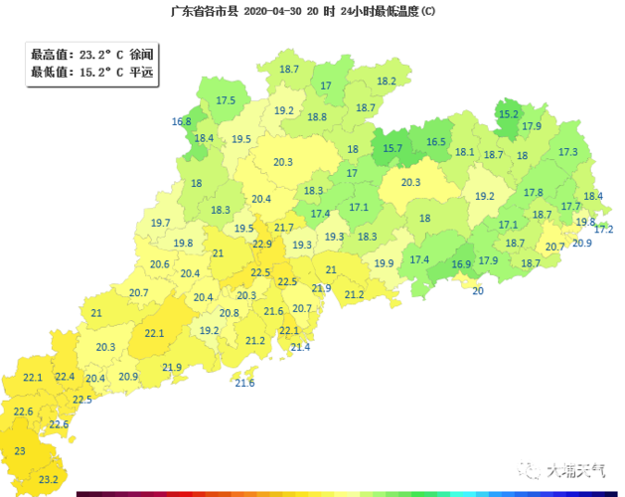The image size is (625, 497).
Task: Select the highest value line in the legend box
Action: pyautogui.click(x=91, y=55)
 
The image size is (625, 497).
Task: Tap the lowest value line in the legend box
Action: pyautogui.click(x=91, y=72)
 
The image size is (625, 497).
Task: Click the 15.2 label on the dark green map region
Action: pyautogui.click(x=509, y=114)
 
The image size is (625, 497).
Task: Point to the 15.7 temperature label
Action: pyautogui.click(x=392, y=148)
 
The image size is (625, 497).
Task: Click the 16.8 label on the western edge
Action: pyautogui.click(x=181, y=121)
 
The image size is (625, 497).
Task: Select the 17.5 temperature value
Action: pyautogui.click(x=226, y=100)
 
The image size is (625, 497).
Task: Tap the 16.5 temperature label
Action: pyautogui.click(x=436, y=142)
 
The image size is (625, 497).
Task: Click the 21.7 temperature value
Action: pyautogui.click(x=284, y=229)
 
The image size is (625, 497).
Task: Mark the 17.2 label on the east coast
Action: pyautogui.click(x=603, y=230)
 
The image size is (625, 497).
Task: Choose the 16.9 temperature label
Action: pyautogui.click(x=461, y=264)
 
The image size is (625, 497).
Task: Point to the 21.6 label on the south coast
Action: pyautogui.click(x=244, y=383)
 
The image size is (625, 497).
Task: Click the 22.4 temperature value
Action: pyautogui.click(x=65, y=376)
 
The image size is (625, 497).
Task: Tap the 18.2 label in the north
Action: pyautogui.click(x=387, y=81)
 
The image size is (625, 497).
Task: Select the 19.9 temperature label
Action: pyautogui.click(x=384, y=263)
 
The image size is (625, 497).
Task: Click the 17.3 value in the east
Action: pyautogui.click(x=567, y=152)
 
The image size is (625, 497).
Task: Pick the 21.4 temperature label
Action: pyautogui.click(x=300, y=347)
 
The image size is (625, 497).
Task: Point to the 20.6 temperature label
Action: pyautogui.click(x=159, y=264)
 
